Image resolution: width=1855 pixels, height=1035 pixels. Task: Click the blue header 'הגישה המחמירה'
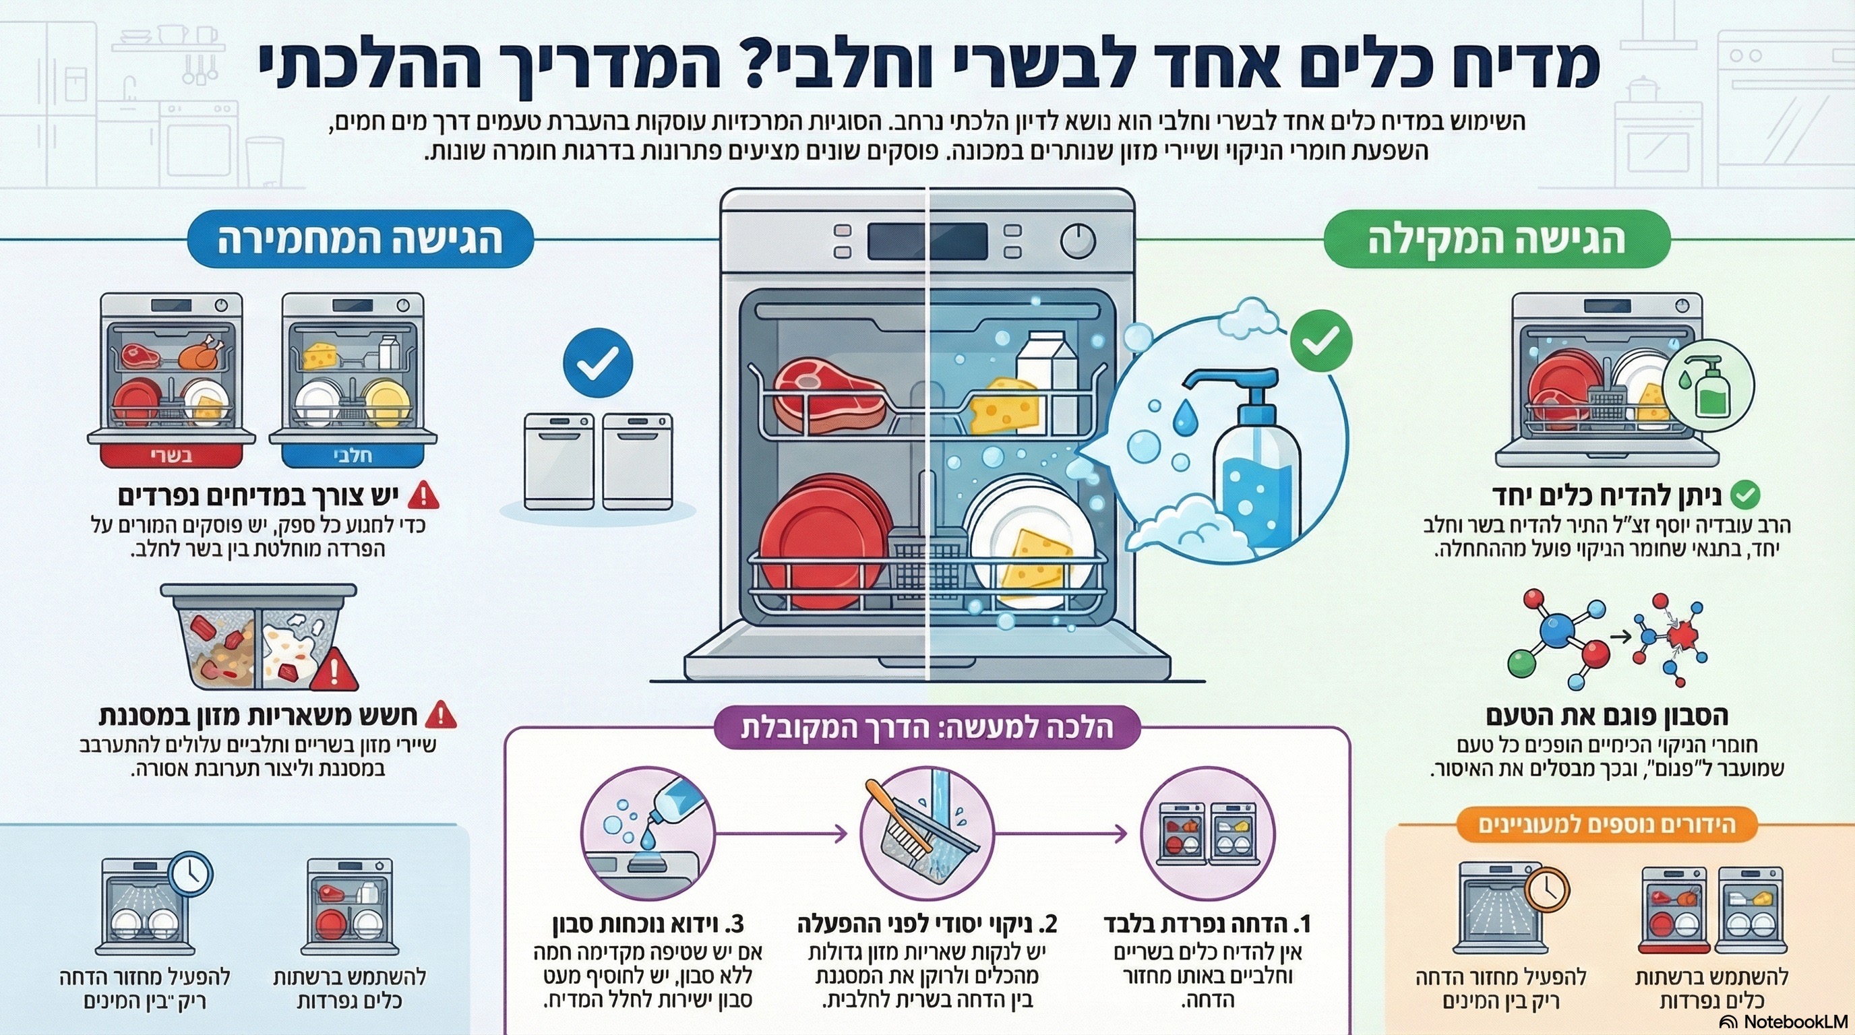pos(359,241)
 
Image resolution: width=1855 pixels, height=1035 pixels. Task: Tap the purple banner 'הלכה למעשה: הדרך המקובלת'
pos(927,728)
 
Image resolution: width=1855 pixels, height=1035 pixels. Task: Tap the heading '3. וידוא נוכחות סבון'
pos(648,923)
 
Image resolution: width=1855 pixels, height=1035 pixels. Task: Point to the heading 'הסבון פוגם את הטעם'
pos(1606,716)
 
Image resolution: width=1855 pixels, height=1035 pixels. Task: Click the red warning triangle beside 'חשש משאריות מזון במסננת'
pos(441,716)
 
